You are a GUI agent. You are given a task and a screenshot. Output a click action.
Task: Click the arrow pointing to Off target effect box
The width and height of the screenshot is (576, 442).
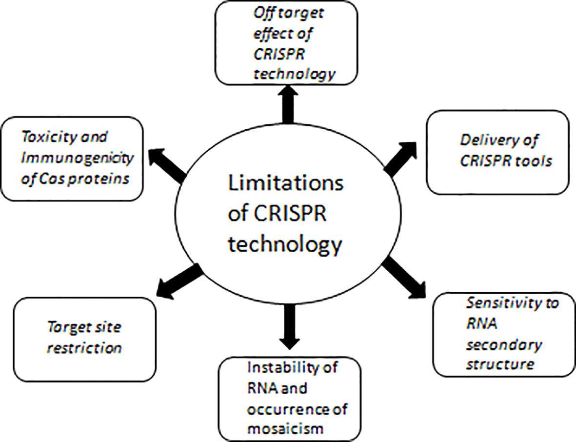pos(288,104)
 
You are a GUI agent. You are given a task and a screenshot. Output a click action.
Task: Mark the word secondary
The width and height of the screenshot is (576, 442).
pos(503,344)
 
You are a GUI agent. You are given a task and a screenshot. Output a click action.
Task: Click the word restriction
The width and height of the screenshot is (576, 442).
pos(84,348)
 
